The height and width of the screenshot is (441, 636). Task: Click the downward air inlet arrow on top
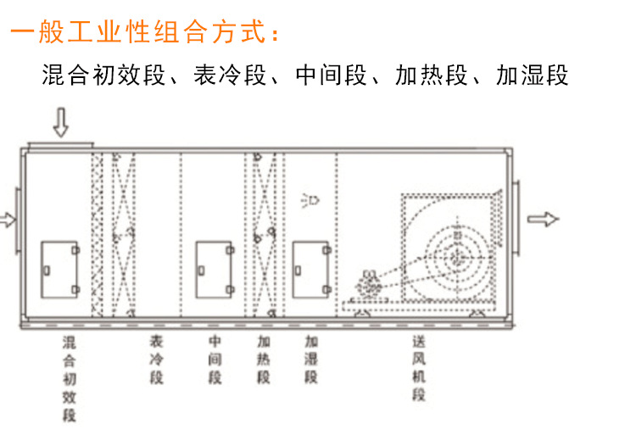(61, 122)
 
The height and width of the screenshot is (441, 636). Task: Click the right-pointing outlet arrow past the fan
(543, 219)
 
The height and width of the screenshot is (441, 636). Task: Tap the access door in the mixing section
(60, 270)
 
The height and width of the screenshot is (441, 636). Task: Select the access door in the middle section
(215, 270)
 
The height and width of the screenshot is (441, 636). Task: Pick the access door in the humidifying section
(312, 270)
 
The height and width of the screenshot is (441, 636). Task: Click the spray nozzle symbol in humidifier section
(310, 201)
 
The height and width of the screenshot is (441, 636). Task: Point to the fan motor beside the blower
(368, 284)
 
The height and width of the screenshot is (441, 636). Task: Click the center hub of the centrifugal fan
(458, 256)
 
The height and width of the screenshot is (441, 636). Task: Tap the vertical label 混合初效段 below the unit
(70, 378)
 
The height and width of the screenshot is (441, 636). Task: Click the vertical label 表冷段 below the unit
(156, 359)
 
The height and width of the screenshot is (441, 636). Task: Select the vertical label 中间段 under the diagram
(215, 359)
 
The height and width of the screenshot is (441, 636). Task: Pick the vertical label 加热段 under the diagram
(264, 359)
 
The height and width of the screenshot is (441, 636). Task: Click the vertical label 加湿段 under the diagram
(311, 359)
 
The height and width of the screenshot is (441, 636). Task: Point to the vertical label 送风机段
(419, 367)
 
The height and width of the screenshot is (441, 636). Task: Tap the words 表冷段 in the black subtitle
(230, 75)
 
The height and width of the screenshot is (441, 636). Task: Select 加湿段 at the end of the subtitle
(533, 75)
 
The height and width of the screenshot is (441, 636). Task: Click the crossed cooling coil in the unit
(124, 235)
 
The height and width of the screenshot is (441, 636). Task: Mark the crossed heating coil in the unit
(265, 235)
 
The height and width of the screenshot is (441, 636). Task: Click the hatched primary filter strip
(98, 235)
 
